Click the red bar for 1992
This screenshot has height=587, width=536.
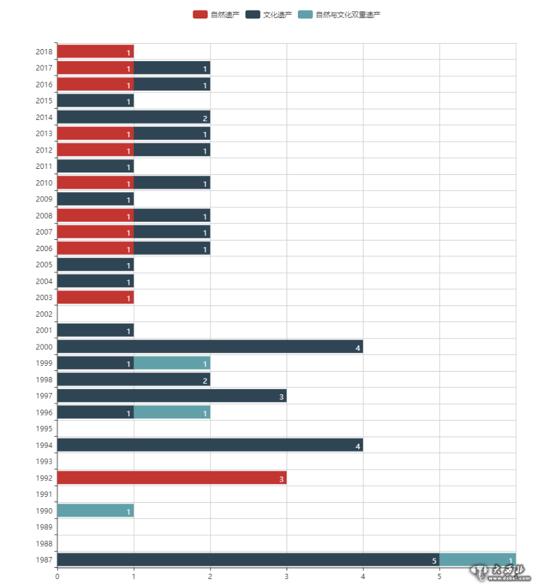click(171, 478)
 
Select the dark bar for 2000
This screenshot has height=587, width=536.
click(210, 347)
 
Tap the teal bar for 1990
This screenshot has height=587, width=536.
click(96, 511)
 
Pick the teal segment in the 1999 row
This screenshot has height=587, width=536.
click(172, 363)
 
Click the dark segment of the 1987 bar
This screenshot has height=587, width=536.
click(247, 560)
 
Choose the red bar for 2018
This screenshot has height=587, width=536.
click(96, 52)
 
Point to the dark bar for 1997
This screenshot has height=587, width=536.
click(171, 396)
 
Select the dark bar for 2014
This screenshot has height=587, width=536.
click(133, 117)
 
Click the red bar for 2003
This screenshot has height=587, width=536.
click(96, 297)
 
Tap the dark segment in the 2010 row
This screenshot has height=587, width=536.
click(172, 183)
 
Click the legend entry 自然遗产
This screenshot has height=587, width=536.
click(216, 15)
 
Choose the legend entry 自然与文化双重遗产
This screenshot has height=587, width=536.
click(339, 15)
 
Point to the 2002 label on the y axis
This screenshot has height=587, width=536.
click(44, 314)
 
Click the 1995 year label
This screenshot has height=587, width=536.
click(44, 429)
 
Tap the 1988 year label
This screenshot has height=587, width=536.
click(44, 544)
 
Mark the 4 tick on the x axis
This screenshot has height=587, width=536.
click(363, 576)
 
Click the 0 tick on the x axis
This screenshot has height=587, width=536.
click(57, 576)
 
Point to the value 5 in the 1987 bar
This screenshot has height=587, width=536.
click(435, 561)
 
